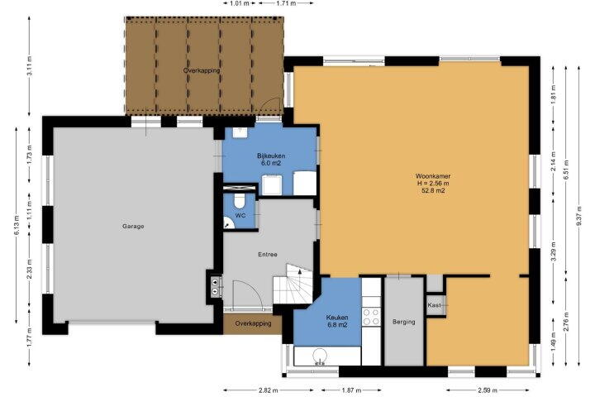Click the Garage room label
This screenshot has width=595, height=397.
tap(133, 227)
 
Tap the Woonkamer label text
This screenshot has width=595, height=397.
tap(433, 176)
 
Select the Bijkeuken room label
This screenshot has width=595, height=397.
tap(271, 155)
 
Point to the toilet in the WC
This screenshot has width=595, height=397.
tap(239, 201)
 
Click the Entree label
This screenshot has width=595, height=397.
tap(268, 255)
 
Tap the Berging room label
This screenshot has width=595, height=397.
tap(404, 322)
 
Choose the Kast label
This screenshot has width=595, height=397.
tap(434, 305)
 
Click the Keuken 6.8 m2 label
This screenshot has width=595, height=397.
tap(337, 321)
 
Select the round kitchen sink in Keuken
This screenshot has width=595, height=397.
tap(320, 356)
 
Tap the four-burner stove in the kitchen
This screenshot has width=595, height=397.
tap(371, 317)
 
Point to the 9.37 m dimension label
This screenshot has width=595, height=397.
tap(578, 216)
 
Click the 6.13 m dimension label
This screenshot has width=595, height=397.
tap(17, 225)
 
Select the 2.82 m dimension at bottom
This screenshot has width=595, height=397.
tap(269, 390)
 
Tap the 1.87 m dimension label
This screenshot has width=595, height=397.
tap(351, 390)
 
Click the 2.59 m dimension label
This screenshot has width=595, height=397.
tap(488, 390)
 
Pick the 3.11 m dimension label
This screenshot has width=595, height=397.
tap(29, 66)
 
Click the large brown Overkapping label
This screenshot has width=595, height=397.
tap(202, 70)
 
